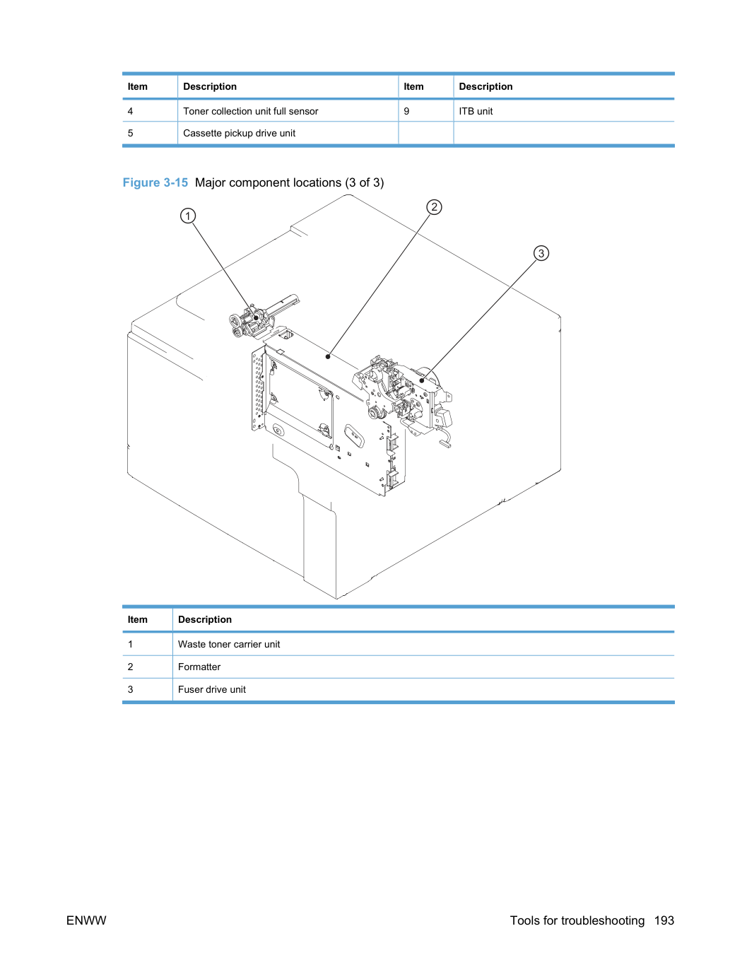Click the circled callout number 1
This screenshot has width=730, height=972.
coord(188,216)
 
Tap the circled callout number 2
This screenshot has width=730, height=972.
coord(434,207)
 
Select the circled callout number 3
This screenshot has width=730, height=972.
coord(541,253)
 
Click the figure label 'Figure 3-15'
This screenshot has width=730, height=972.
coord(155,182)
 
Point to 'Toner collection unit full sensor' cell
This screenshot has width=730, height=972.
coord(251,111)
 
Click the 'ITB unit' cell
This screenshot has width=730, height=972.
coord(476,111)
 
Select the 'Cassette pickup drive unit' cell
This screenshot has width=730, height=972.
coord(239,134)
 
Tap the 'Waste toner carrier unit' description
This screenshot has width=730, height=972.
coord(229,644)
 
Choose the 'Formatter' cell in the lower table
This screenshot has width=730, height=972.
coord(199,667)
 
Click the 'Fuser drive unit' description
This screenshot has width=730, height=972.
coord(211,689)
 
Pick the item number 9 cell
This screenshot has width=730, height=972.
coord(406,111)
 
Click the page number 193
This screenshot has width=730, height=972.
coord(664,920)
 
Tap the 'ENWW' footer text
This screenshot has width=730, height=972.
coord(86,920)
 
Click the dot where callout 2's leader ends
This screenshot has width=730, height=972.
coord(328,356)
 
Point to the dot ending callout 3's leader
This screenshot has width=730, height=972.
coord(422,380)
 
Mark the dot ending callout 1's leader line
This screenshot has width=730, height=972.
coord(256,318)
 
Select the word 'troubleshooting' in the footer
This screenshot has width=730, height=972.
coord(603,921)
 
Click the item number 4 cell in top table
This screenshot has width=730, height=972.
coord(130,111)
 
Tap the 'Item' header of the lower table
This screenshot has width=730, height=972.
coord(137,619)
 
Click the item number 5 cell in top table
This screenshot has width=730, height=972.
coord(130,134)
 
